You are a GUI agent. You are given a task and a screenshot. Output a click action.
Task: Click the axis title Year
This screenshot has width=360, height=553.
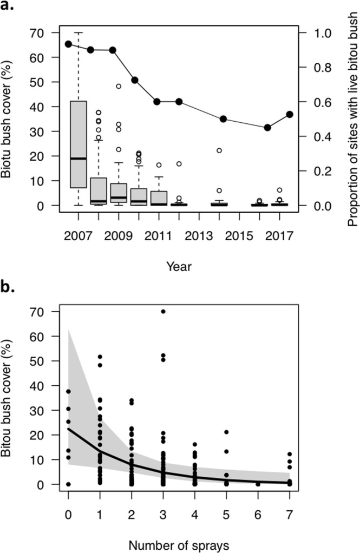coord(179,266)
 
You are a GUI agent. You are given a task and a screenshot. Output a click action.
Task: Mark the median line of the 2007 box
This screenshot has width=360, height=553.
coord(78,159)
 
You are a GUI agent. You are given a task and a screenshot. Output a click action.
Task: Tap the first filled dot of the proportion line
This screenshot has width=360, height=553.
coord(69,44)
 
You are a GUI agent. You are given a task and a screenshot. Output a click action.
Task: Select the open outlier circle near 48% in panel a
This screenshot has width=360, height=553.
coord(119,87)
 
